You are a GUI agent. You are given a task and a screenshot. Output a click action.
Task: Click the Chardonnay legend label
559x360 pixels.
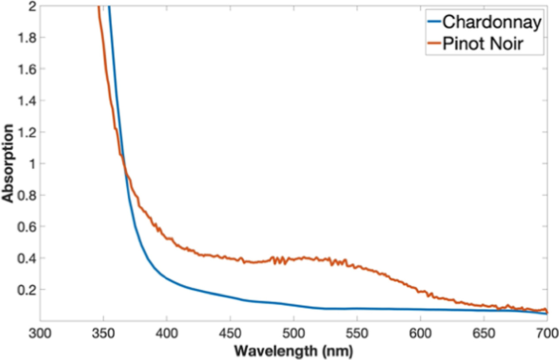[492, 22]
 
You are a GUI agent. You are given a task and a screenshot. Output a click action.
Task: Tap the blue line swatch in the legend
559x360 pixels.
[434, 22]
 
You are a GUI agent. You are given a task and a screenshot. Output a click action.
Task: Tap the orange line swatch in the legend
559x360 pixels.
[434, 44]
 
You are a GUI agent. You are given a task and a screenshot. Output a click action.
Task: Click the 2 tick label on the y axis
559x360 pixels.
[31, 7]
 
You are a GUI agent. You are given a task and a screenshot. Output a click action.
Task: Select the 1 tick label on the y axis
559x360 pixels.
[31, 164]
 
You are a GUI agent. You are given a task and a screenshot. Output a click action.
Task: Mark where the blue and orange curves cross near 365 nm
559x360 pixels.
[124, 167]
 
